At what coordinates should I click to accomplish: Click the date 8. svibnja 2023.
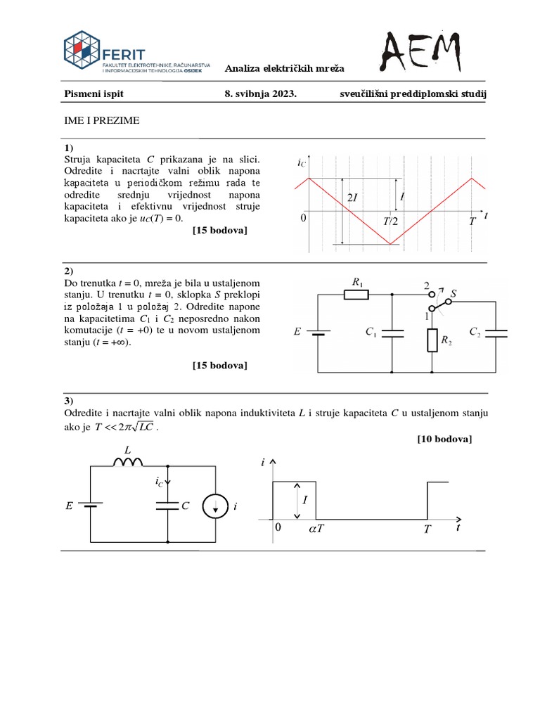(256, 94)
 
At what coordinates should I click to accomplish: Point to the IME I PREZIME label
(103, 121)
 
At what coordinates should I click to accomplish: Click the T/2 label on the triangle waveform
(390, 221)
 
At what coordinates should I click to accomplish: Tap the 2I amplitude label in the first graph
(352, 198)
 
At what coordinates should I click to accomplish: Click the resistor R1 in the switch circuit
(356, 295)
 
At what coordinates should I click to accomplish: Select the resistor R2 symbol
(432, 341)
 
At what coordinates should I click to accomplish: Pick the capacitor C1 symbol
(392, 333)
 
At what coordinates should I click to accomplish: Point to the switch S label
(454, 292)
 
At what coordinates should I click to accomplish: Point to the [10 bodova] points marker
(444, 439)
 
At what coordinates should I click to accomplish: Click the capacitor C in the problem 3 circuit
(169, 505)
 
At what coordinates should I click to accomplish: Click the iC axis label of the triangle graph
(301, 164)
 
